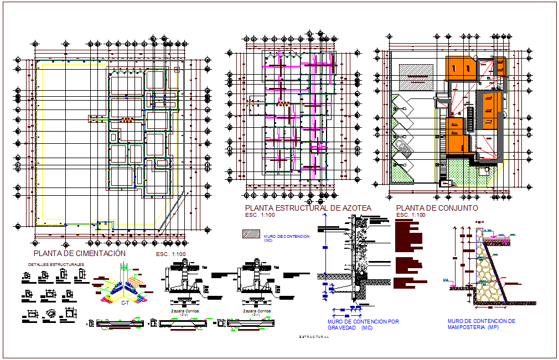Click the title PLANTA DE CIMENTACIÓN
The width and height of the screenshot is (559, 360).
(x=80, y=253)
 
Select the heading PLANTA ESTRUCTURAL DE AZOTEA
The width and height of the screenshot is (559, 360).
(x=308, y=208)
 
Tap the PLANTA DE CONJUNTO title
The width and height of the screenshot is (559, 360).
(x=437, y=208)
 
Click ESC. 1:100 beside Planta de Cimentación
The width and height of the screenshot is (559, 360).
(x=171, y=254)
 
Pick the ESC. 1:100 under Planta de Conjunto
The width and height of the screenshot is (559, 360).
(x=411, y=215)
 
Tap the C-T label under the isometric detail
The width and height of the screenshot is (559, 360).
(x=125, y=304)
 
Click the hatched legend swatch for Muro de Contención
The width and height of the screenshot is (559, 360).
(x=251, y=234)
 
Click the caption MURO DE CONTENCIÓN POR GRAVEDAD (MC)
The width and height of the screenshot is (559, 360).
(x=363, y=324)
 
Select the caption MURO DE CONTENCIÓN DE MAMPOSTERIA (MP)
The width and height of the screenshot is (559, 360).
(x=482, y=324)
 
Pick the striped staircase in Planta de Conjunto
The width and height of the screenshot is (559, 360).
(x=470, y=117)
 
